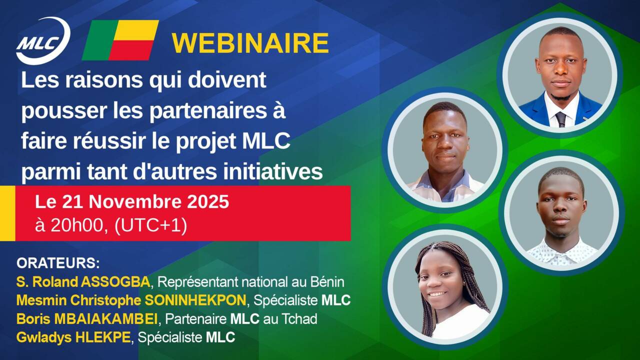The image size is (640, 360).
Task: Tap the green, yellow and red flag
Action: (x=120, y=40)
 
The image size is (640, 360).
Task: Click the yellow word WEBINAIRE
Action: (x=250, y=43)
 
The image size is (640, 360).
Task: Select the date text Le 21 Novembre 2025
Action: (x=132, y=202)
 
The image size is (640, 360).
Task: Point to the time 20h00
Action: (x=80, y=226)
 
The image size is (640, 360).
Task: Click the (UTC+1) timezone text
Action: (x=151, y=226)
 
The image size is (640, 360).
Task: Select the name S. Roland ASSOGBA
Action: (x=83, y=282)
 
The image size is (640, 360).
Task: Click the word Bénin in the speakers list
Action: (x=326, y=282)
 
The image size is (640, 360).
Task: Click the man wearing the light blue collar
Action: (x=444, y=150)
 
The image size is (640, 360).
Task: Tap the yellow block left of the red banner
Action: (x=7, y=213)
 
